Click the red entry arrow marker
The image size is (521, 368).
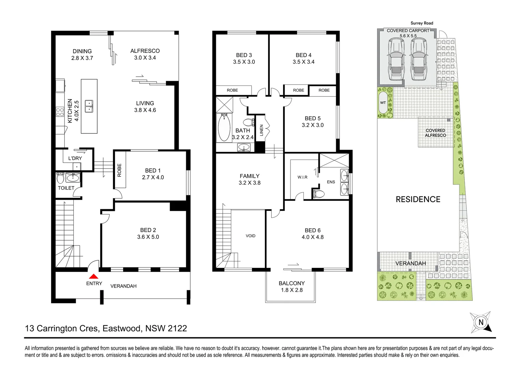point(93,277)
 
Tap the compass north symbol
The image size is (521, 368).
point(481,322)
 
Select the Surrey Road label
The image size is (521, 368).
point(422,23)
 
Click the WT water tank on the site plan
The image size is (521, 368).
point(383,103)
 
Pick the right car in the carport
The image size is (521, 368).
point(418,59)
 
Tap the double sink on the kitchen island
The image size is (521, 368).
point(89,106)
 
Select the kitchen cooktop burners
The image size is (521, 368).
point(60,112)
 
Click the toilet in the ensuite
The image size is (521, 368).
point(318,194)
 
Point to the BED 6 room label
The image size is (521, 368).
point(312,230)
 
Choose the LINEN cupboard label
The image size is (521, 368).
point(262,130)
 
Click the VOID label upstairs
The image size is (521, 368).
point(250,236)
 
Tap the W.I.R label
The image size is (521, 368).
point(302,177)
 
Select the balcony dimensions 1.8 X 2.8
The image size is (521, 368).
point(292,290)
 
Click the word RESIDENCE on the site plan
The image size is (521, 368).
point(418,199)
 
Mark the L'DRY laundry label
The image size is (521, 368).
point(75,158)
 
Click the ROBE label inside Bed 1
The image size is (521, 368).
point(119,170)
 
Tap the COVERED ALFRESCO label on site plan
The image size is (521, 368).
point(435,133)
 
